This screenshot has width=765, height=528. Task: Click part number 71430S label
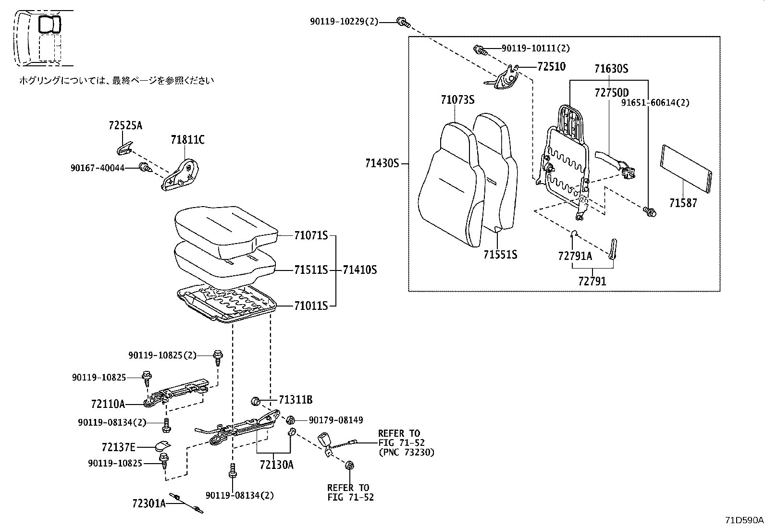(x=382, y=163)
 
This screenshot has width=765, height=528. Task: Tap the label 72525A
(x=125, y=126)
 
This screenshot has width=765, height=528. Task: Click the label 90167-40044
(x=98, y=168)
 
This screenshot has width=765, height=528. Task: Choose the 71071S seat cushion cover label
(x=311, y=236)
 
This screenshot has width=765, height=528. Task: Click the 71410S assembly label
(x=359, y=270)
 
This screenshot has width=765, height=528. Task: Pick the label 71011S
(x=311, y=306)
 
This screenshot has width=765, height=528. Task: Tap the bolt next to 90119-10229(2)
(x=403, y=21)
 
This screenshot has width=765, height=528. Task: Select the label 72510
(x=551, y=67)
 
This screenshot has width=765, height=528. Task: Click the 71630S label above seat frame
(x=611, y=69)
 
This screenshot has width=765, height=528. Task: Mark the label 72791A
(x=575, y=256)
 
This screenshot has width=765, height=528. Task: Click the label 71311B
(x=295, y=400)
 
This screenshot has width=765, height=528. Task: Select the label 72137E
(x=119, y=447)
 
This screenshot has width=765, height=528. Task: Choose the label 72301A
(x=149, y=503)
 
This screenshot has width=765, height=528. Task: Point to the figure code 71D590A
(x=744, y=520)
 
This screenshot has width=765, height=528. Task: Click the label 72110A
(x=108, y=404)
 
